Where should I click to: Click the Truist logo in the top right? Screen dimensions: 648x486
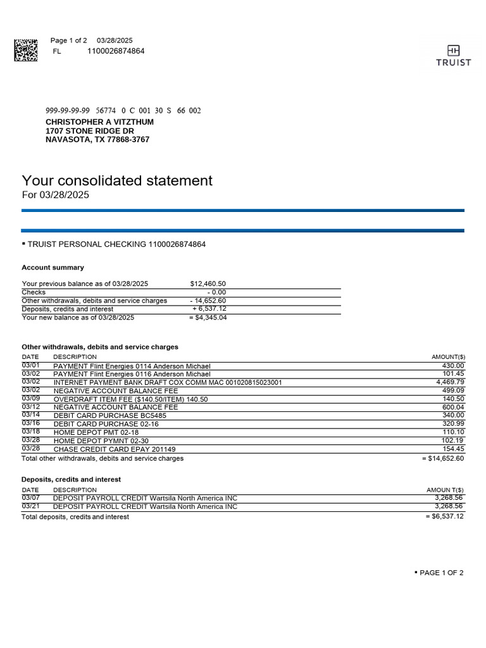click(x=453, y=55)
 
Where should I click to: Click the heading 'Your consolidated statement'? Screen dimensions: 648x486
click(x=117, y=181)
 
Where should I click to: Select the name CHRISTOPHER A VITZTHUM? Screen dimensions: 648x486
click(x=99, y=121)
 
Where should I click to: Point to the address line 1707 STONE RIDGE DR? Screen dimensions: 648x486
click(x=90, y=131)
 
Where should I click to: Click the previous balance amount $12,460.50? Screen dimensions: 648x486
click(x=208, y=284)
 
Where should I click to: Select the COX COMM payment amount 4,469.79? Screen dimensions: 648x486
click(x=450, y=382)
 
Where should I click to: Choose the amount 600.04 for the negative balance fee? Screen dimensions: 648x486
click(x=452, y=408)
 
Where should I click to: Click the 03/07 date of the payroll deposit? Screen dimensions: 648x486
click(x=30, y=498)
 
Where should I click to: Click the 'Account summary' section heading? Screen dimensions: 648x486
click(x=53, y=268)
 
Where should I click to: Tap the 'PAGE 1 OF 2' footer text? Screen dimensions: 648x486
click(x=441, y=573)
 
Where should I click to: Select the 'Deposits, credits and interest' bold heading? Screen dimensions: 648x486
click(x=71, y=480)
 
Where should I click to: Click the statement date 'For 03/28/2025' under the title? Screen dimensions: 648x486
click(x=56, y=196)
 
